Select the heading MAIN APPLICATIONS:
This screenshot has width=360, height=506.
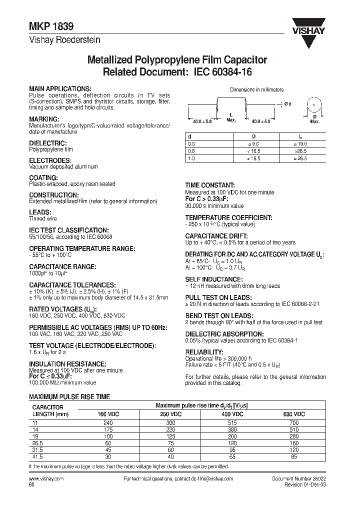[60, 87]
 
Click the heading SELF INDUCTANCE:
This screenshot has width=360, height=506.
[214, 279]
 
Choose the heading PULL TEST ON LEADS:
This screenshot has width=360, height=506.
[217, 297]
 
